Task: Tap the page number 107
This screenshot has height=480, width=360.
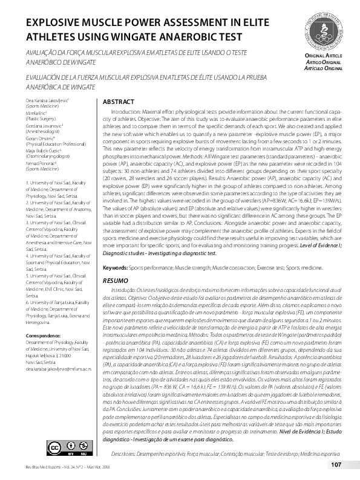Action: click(x=336, y=464)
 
